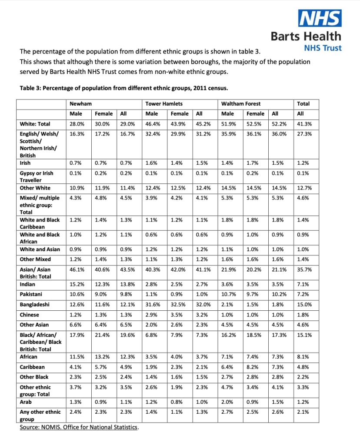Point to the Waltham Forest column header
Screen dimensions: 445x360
pyautogui.click(x=241, y=104)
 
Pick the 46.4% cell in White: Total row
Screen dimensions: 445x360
pyautogui.click(x=152, y=124)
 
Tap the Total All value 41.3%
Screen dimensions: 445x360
pyautogui.click(x=303, y=124)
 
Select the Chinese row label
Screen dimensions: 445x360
pyautogui.click(x=30, y=315)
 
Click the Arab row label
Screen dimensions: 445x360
pyautogui.click(x=26, y=402)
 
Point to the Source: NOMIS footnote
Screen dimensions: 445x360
pyautogui.click(x=80, y=428)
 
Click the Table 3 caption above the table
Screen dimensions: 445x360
pyautogui.click(x=123, y=88)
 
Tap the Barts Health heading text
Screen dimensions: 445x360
pyautogui.click(x=306, y=36)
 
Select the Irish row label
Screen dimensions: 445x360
pyautogui.click(x=26, y=163)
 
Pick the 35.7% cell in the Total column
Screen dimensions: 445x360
pyautogui.click(x=303, y=269)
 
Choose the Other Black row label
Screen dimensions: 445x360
pyautogui.click(x=34, y=377)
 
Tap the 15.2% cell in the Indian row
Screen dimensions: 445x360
pyautogui.click(x=77, y=284)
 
